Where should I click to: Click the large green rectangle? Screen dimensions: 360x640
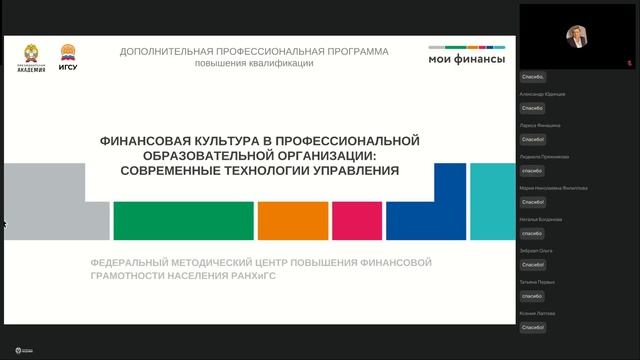(x=183, y=221)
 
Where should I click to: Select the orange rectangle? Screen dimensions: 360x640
(x=292, y=221)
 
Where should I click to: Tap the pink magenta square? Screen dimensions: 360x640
(x=354, y=221)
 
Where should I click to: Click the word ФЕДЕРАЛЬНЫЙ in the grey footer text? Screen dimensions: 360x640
(x=135, y=262)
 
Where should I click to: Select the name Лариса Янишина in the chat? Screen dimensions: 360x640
(x=540, y=125)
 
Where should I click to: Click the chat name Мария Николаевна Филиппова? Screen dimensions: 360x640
(x=553, y=188)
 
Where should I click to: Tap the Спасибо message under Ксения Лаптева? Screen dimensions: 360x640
(x=532, y=327)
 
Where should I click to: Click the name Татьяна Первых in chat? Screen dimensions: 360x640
(x=537, y=282)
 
